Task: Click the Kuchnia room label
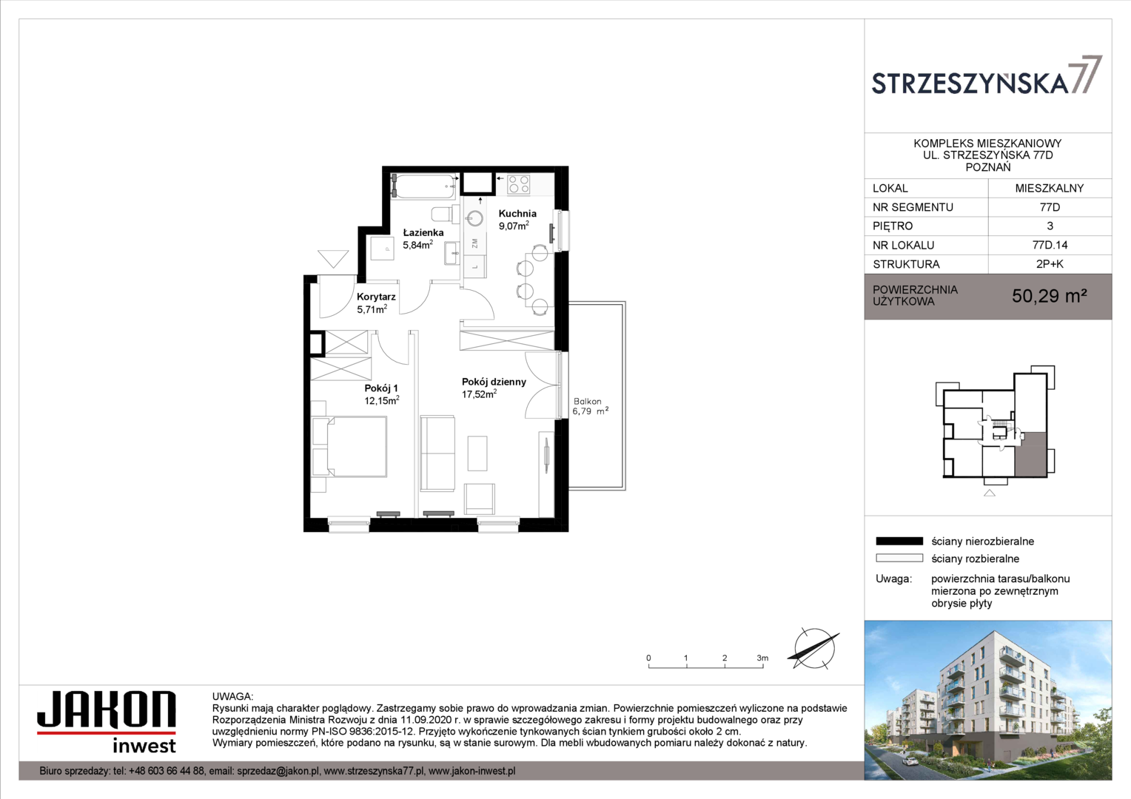pyautogui.click(x=517, y=214)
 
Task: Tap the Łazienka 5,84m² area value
pyautogui.click(x=417, y=246)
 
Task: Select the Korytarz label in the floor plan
pyautogui.click(x=376, y=297)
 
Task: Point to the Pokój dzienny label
pyautogui.click(x=494, y=382)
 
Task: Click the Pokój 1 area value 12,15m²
pyautogui.click(x=382, y=401)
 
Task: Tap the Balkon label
pyautogui.click(x=587, y=401)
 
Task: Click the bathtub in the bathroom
pyautogui.click(x=423, y=186)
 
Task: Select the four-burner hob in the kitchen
pyautogui.click(x=519, y=184)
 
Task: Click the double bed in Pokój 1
pyautogui.click(x=349, y=446)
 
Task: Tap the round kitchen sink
pyautogui.click(x=475, y=218)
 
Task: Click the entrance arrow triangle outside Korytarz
pyautogui.click(x=333, y=259)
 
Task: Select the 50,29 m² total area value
pyautogui.click(x=1049, y=296)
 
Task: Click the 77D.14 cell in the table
pyautogui.click(x=1050, y=246)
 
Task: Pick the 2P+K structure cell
pyautogui.click(x=1050, y=264)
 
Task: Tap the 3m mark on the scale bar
pyautogui.click(x=762, y=658)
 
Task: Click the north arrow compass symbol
pyautogui.click(x=814, y=649)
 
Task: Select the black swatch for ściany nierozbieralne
pyautogui.click(x=899, y=542)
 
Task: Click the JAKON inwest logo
pyautogui.click(x=107, y=722)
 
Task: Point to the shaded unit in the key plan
pyautogui.click(x=1030, y=454)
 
